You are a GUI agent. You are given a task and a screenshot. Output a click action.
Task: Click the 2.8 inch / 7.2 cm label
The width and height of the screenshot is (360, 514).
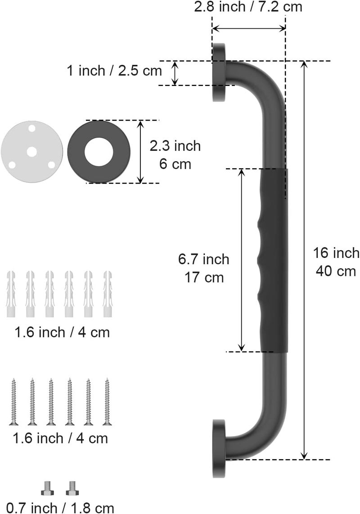point(248,7)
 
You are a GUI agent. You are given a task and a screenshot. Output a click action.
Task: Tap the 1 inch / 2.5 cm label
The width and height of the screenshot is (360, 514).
point(114,71)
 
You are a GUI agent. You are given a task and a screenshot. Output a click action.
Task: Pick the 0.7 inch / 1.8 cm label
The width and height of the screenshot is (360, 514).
point(60,508)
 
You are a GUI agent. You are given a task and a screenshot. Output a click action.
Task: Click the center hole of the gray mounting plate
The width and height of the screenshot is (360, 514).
point(32,152)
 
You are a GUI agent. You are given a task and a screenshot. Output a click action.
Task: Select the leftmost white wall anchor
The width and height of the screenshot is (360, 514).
point(11,294)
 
